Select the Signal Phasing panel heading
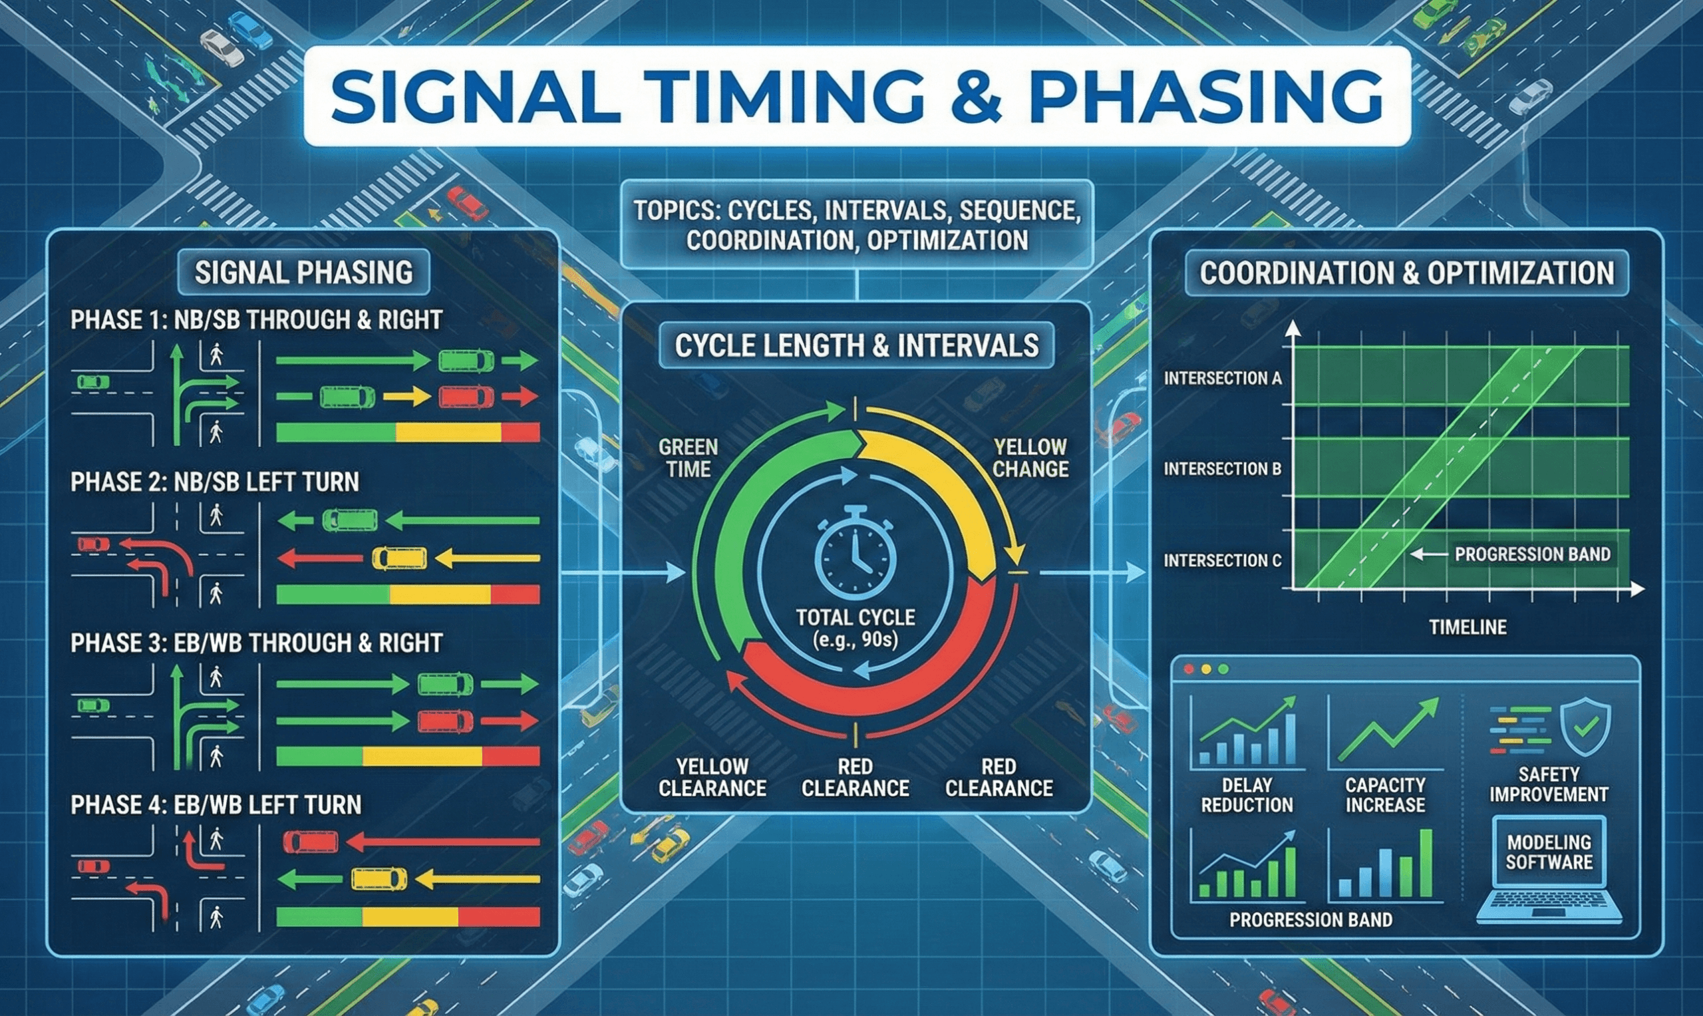click(303, 273)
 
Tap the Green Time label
click(688, 458)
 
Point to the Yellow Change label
click(1030, 458)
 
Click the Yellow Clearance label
click(712, 777)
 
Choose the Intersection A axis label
click(1223, 379)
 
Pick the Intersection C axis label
click(1223, 561)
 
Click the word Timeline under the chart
click(1468, 627)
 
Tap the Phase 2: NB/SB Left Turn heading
click(214, 482)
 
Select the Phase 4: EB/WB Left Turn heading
click(216, 804)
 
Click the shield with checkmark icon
click(1585, 727)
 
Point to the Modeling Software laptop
click(1549, 870)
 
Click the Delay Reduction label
click(1247, 795)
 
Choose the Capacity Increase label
click(1386, 795)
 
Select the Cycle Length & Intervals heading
click(856, 346)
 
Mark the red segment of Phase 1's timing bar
click(520, 432)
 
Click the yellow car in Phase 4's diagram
click(379, 878)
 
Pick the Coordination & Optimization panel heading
click(1406, 273)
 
